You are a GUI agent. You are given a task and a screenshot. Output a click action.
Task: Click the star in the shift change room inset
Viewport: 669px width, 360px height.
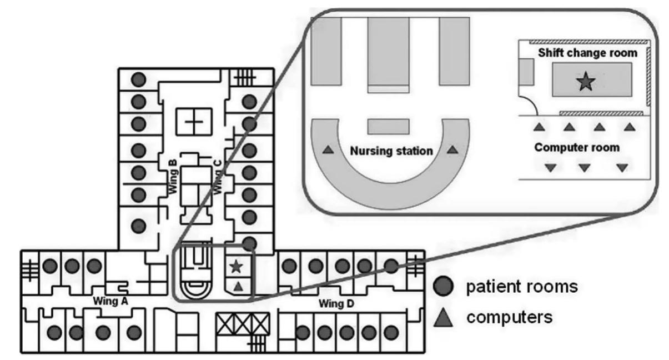[x=586, y=83]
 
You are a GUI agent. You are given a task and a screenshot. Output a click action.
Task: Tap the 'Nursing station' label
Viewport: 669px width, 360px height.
[x=391, y=151]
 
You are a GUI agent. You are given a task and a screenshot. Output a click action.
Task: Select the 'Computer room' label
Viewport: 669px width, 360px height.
[x=576, y=148]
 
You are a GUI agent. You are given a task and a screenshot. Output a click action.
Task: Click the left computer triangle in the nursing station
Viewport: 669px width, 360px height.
[x=329, y=150]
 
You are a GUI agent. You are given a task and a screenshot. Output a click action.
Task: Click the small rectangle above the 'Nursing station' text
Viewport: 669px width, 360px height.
[x=389, y=126]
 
